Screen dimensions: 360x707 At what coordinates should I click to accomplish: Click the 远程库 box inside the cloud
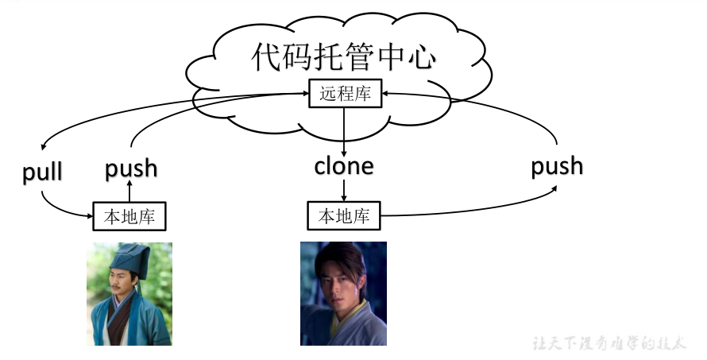tap(345, 95)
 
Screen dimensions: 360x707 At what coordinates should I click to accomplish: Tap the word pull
tap(42, 172)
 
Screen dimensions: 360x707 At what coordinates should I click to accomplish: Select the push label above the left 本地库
tap(131, 168)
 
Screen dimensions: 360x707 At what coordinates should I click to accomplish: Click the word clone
tap(344, 167)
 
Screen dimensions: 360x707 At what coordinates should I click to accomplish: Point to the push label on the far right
tap(557, 166)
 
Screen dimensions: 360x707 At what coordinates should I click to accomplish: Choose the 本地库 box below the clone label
tap(344, 215)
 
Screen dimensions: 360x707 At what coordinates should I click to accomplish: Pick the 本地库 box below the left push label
tap(129, 216)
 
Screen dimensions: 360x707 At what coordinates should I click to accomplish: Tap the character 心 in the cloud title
tap(420, 57)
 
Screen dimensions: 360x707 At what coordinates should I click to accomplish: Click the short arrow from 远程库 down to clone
tap(344, 131)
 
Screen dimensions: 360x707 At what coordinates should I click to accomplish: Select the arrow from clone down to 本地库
tap(344, 190)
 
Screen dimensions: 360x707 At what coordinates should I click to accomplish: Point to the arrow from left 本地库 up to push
tap(129, 191)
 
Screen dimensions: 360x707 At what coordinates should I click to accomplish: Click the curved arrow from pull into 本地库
tap(64, 208)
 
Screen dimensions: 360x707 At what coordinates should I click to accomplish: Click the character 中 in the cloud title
tap(383, 57)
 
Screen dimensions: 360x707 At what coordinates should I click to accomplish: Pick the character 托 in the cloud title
tap(307, 57)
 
